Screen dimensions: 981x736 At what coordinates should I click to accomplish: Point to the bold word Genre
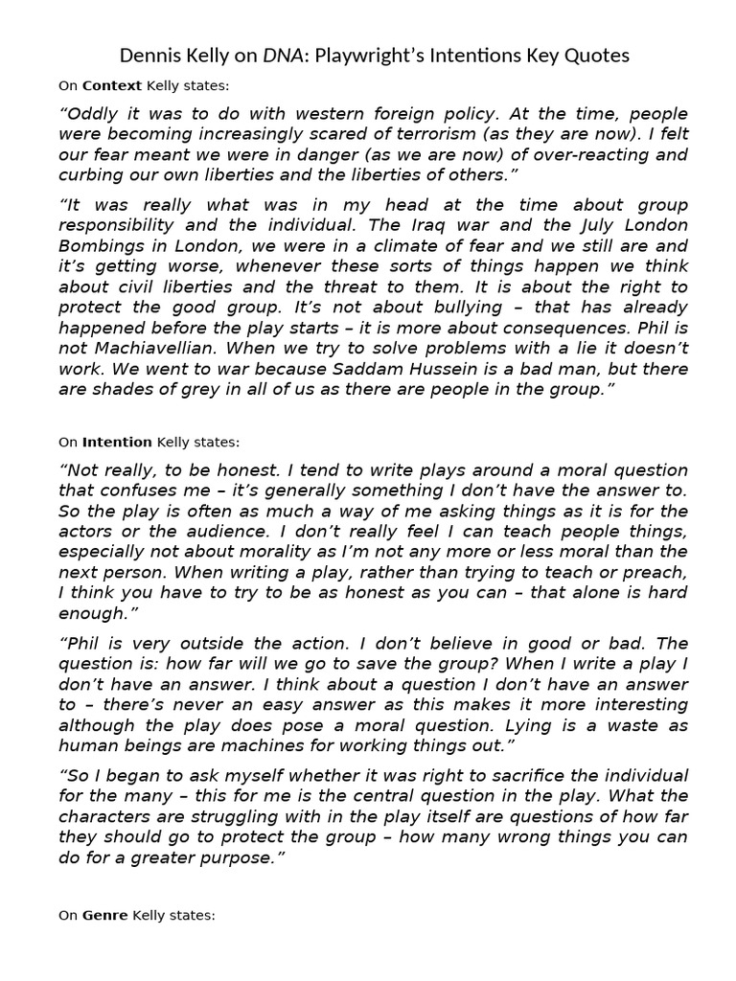pyautogui.click(x=104, y=915)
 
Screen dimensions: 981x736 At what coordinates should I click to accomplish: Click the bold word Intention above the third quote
pyautogui.click(x=117, y=442)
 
